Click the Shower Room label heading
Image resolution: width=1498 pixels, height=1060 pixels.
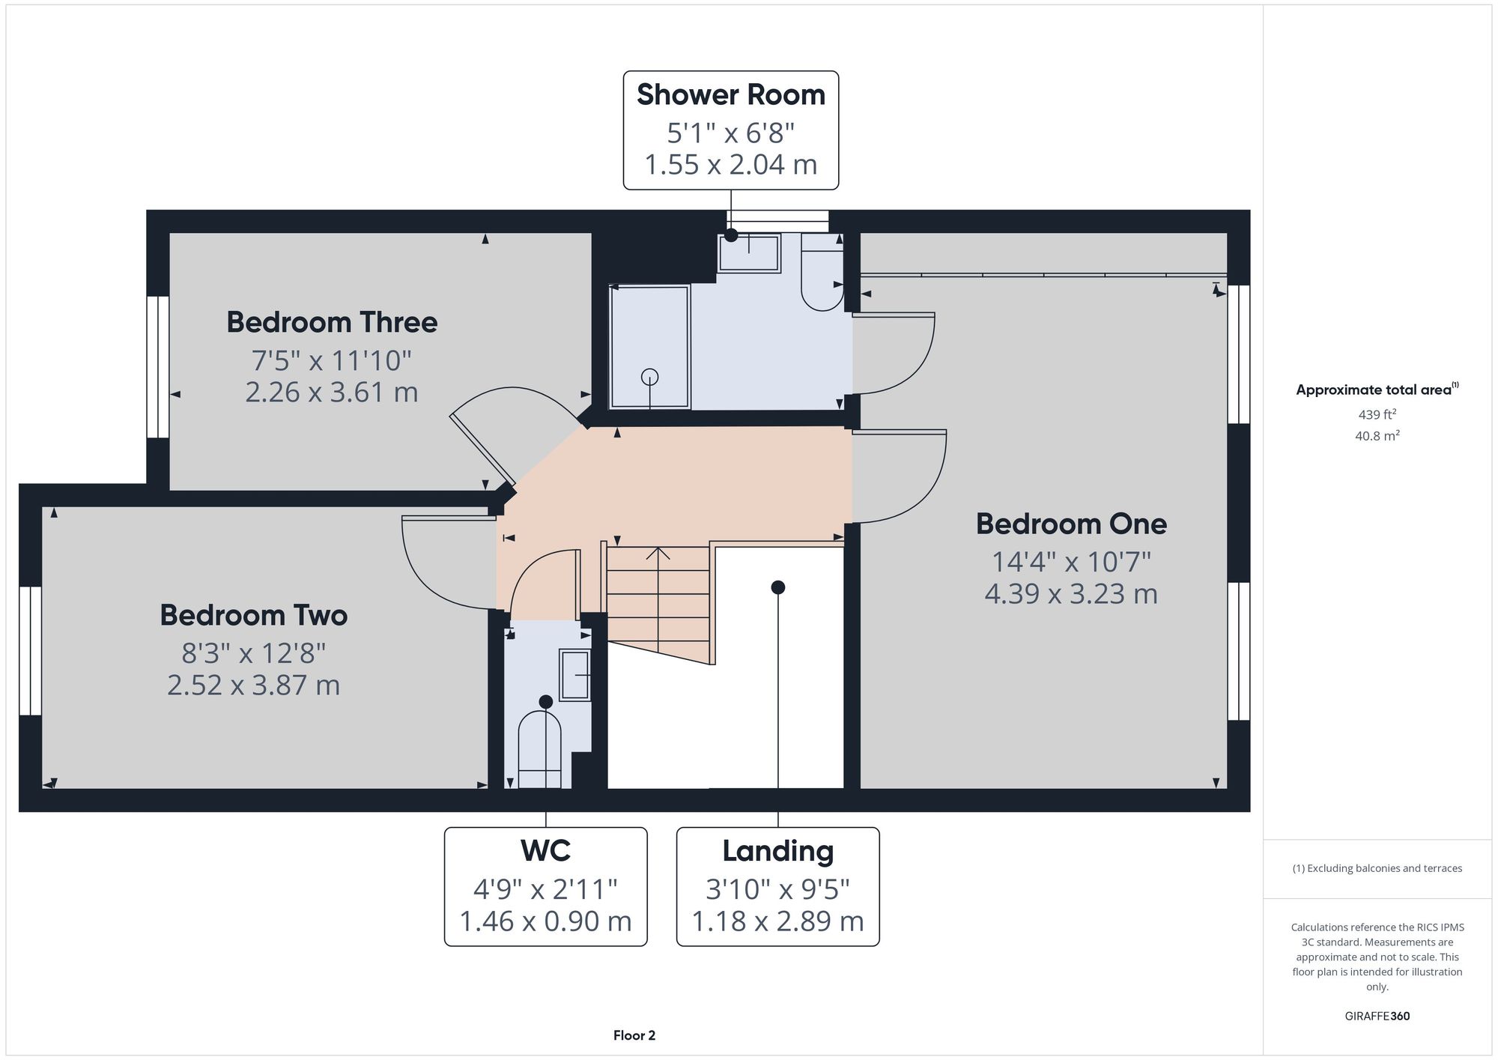click(731, 95)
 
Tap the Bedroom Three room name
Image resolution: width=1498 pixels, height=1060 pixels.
click(332, 322)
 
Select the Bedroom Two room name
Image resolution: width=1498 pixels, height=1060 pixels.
click(254, 615)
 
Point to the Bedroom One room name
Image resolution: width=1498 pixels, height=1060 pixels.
click(1071, 524)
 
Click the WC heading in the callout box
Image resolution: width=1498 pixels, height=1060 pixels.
click(545, 851)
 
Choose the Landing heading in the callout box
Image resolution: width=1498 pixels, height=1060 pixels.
click(777, 852)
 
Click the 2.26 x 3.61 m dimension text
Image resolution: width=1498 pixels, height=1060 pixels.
click(332, 392)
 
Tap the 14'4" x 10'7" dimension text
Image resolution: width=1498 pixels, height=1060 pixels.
click(1071, 561)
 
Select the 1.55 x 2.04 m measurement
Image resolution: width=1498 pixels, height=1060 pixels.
click(731, 164)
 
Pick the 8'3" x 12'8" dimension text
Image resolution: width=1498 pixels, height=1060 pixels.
click(254, 653)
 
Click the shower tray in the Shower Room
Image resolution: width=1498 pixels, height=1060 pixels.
click(650, 347)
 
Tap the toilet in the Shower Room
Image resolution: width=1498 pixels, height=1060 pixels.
click(822, 271)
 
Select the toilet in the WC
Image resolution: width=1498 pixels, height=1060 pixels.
click(539, 749)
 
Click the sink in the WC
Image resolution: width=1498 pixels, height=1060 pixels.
click(575, 675)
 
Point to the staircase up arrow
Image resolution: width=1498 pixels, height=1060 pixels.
click(658, 599)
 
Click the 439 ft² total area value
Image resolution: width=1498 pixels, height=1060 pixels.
click(1377, 414)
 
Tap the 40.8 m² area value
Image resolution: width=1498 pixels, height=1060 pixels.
click(1377, 435)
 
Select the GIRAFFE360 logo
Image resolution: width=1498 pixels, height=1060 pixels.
click(1377, 1017)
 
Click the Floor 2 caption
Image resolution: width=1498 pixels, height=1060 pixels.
click(634, 1035)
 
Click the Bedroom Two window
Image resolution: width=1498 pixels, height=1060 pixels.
click(30, 651)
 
